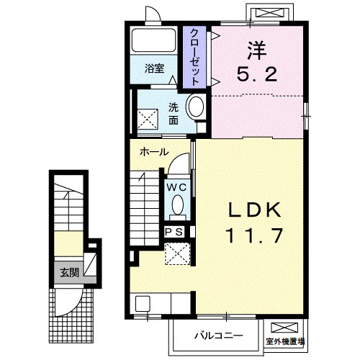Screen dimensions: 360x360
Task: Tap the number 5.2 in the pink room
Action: pos(255,73)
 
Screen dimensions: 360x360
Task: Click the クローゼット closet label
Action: pos(194,57)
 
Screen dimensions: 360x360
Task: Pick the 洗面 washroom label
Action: pos(174,114)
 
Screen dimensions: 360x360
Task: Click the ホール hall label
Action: pos(154,152)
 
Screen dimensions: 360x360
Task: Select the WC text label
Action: pos(176,186)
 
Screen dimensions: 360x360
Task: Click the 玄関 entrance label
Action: pos(69,272)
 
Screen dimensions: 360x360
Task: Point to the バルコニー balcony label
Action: pos(218,336)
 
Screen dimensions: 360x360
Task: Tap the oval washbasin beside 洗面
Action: pos(194,108)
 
